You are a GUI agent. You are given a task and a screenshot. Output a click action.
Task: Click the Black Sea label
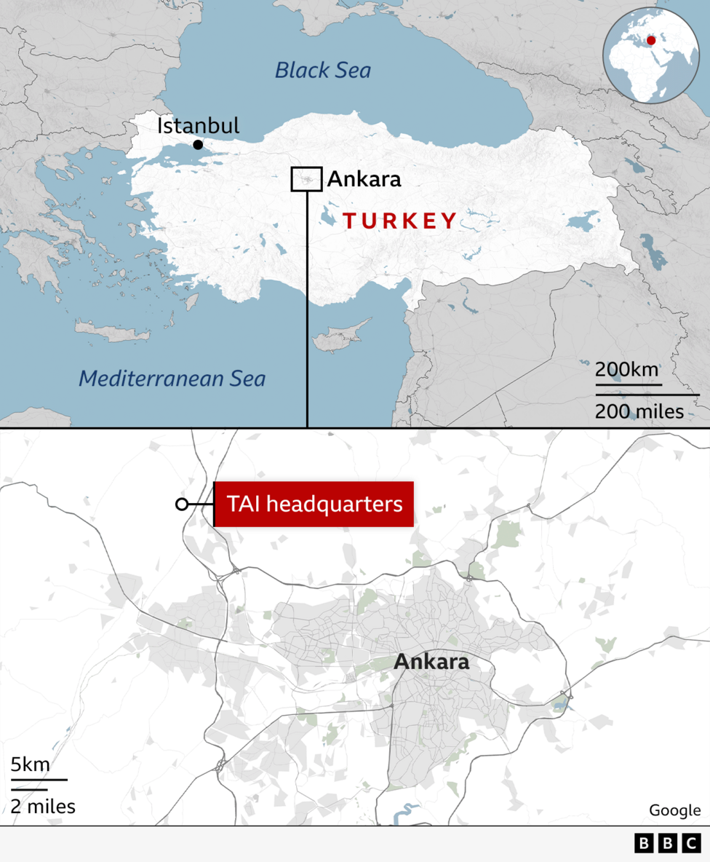coord(323,71)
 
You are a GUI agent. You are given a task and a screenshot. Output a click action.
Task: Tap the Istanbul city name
coord(198,126)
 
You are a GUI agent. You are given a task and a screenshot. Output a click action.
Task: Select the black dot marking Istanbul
coord(198,145)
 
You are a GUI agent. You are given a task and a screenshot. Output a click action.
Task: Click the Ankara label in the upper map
coord(364,179)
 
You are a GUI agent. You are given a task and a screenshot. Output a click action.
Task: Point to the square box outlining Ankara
coord(306,179)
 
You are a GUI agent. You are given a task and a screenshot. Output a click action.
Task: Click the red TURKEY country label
coord(399,221)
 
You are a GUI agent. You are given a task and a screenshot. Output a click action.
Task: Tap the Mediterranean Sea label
coord(172,379)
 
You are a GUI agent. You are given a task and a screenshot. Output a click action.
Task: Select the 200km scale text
coord(627,369)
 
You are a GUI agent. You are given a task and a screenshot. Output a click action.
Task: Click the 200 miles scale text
coord(639,411)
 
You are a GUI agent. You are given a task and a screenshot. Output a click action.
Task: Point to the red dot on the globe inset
coord(651,40)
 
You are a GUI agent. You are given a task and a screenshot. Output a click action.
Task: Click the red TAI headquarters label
coord(314,504)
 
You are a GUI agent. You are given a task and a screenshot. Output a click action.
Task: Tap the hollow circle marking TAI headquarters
coord(182,505)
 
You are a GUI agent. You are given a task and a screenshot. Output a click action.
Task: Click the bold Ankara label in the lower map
coord(431,663)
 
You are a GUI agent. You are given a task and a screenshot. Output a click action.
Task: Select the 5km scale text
coord(30,764)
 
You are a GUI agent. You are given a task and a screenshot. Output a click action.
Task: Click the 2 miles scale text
coord(43,806)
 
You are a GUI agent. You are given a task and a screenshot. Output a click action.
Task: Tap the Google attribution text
coord(675,810)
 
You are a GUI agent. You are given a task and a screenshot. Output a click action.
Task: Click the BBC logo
coord(668,843)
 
